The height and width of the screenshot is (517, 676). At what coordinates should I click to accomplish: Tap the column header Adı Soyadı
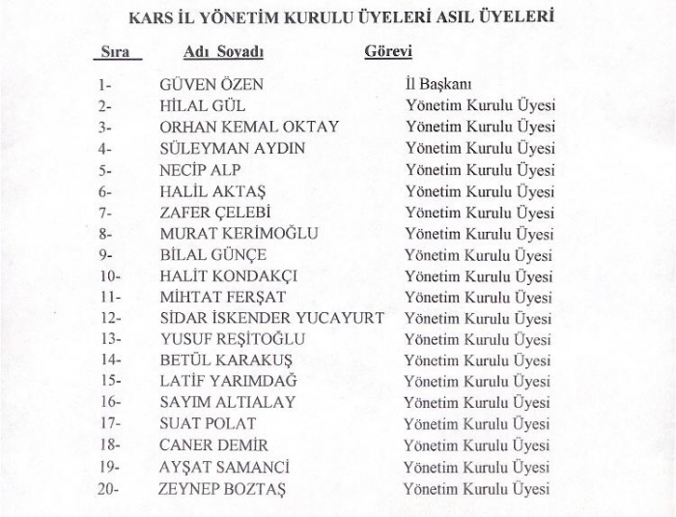(223, 51)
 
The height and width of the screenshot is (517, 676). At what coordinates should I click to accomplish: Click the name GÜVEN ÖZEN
(211, 85)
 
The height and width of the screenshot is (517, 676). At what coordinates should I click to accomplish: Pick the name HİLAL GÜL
(202, 106)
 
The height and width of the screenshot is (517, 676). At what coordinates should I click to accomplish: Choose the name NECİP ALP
(200, 170)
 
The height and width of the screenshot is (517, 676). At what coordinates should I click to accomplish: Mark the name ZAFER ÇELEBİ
(214, 213)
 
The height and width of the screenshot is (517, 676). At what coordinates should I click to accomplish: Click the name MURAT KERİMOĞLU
(239, 234)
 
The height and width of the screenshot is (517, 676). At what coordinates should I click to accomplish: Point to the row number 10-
(109, 276)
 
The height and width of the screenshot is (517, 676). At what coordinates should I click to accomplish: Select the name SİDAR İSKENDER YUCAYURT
(271, 318)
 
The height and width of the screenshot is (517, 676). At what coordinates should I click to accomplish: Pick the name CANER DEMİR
(214, 445)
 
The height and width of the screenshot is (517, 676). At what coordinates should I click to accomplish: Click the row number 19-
(108, 467)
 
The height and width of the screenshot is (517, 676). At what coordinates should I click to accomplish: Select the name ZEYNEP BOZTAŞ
(222, 489)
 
